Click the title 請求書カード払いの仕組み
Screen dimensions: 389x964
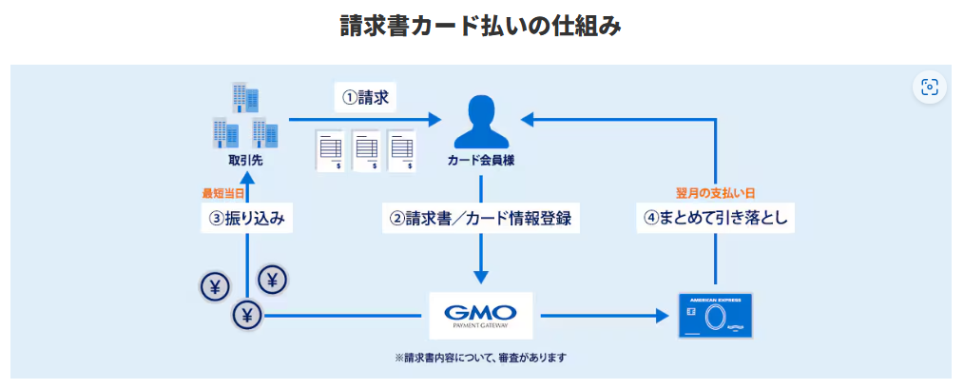pyautogui.click(x=481, y=26)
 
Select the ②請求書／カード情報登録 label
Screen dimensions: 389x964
pyautogui.click(x=481, y=218)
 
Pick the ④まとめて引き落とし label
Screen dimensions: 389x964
pyautogui.click(x=716, y=218)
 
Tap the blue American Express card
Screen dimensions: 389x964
pyautogui.click(x=714, y=316)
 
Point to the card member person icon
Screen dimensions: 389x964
pyautogui.click(x=481, y=119)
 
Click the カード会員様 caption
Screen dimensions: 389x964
pyautogui.click(x=481, y=159)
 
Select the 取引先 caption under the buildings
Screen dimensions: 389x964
pyautogui.click(x=246, y=160)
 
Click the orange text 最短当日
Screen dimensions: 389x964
pyautogui.click(x=223, y=193)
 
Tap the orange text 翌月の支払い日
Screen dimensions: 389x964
pyautogui.click(x=716, y=193)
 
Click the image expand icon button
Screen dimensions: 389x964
pyautogui.click(x=930, y=88)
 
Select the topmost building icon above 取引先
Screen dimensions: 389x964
pyautogui.click(x=245, y=98)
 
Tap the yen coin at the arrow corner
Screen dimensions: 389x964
pyautogui.click(x=246, y=316)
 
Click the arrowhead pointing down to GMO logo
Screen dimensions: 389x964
pyautogui.click(x=481, y=277)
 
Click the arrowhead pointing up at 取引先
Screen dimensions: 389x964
pyautogui.click(x=246, y=177)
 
